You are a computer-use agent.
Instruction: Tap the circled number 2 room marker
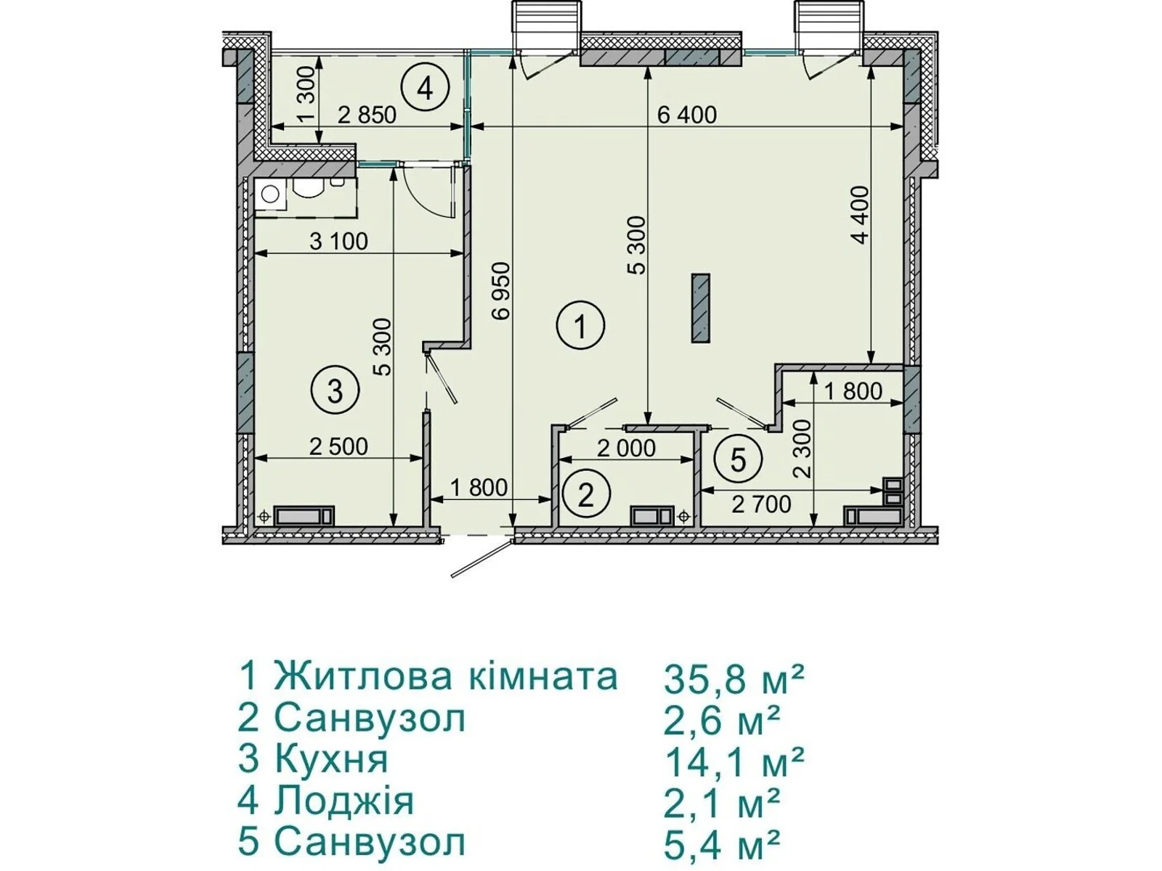pyautogui.click(x=585, y=495)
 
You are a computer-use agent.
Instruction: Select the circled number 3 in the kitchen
pyautogui.click(x=335, y=390)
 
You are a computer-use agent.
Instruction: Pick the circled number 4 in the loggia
pyautogui.click(x=425, y=88)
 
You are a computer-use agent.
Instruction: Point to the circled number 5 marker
pyautogui.click(x=739, y=459)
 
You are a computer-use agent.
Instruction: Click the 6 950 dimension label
pyautogui.click(x=501, y=291)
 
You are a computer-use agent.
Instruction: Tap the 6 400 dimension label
pyautogui.click(x=687, y=115)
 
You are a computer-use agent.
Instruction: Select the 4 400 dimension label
pyautogui.click(x=861, y=215)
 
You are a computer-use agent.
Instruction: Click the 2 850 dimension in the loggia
pyautogui.click(x=367, y=115)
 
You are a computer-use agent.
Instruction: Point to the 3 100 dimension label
pyautogui.click(x=338, y=242)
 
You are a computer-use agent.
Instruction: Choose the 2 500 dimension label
pyautogui.click(x=338, y=447)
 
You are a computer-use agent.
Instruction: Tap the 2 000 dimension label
pyautogui.click(x=626, y=449)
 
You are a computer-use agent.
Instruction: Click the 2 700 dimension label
pyautogui.click(x=761, y=504)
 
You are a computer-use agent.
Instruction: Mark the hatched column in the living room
pyautogui.click(x=700, y=309)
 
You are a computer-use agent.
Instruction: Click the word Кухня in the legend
pyautogui.click(x=331, y=758)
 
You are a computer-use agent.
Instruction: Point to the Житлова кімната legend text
pyautogui.click(x=446, y=676)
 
